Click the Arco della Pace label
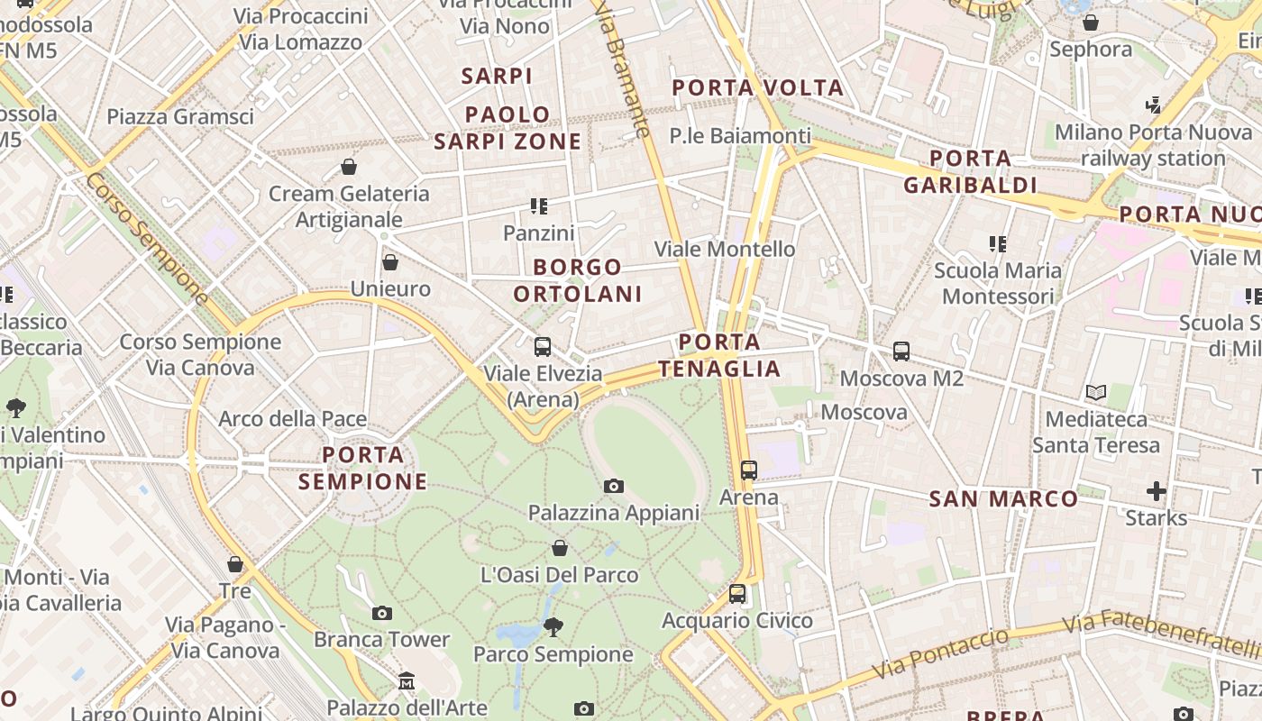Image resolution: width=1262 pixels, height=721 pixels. tap(292, 419)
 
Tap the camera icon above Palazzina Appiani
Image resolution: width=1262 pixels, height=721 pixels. tap(614, 487)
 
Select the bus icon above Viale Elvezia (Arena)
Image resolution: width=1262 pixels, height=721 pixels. tap(543, 347)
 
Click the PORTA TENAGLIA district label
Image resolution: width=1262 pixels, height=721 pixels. tap(719, 355)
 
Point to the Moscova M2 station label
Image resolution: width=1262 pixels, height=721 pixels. tap(901, 379)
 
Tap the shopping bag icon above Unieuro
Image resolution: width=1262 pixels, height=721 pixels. tap(390, 262)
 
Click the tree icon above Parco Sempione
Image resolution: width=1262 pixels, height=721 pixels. tap(553, 626)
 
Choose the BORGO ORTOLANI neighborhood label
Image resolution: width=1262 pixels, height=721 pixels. tap(578, 280)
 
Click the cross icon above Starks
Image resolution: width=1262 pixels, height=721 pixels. tap(1157, 491)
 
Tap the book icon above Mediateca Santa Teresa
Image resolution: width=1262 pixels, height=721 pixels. tap(1096, 393)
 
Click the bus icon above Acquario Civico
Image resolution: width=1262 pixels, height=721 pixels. tap(737, 594)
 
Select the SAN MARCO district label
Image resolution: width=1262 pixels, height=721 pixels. tap(1003, 498)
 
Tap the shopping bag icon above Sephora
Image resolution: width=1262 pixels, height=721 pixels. tap(1091, 23)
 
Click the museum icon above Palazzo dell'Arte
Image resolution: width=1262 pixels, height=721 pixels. tap(407, 680)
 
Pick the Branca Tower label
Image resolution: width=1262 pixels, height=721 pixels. tap(381, 640)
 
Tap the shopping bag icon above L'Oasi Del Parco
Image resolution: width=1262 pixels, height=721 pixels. tap(560, 548)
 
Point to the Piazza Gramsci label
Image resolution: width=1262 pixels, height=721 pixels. tap(180, 116)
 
